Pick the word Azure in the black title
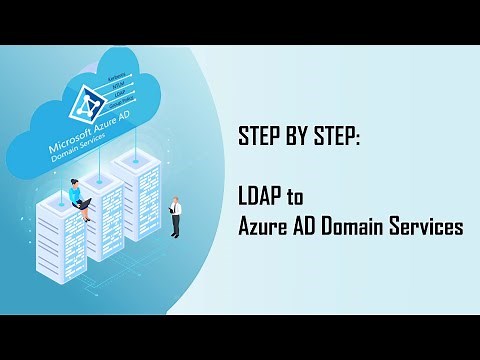(x=263, y=227)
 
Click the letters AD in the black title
(x=307, y=227)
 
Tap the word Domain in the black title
(x=357, y=227)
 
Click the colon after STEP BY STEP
(x=358, y=136)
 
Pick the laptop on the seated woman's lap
(x=87, y=202)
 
